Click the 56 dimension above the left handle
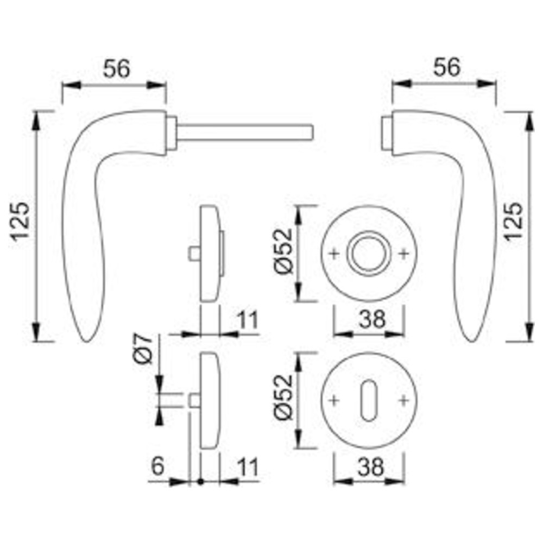[x=117, y=68]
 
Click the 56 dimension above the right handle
[x=447, y=67]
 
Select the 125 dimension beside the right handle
[x=514, y=222]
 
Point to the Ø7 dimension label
[x=143, y=349]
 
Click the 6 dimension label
[x=157, y=466]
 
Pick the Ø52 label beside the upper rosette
[x=283, y=251]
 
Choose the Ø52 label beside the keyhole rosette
[x=283, y=397]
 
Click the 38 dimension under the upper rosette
[x=372, y=319]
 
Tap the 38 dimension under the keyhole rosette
[x=371, y=467]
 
